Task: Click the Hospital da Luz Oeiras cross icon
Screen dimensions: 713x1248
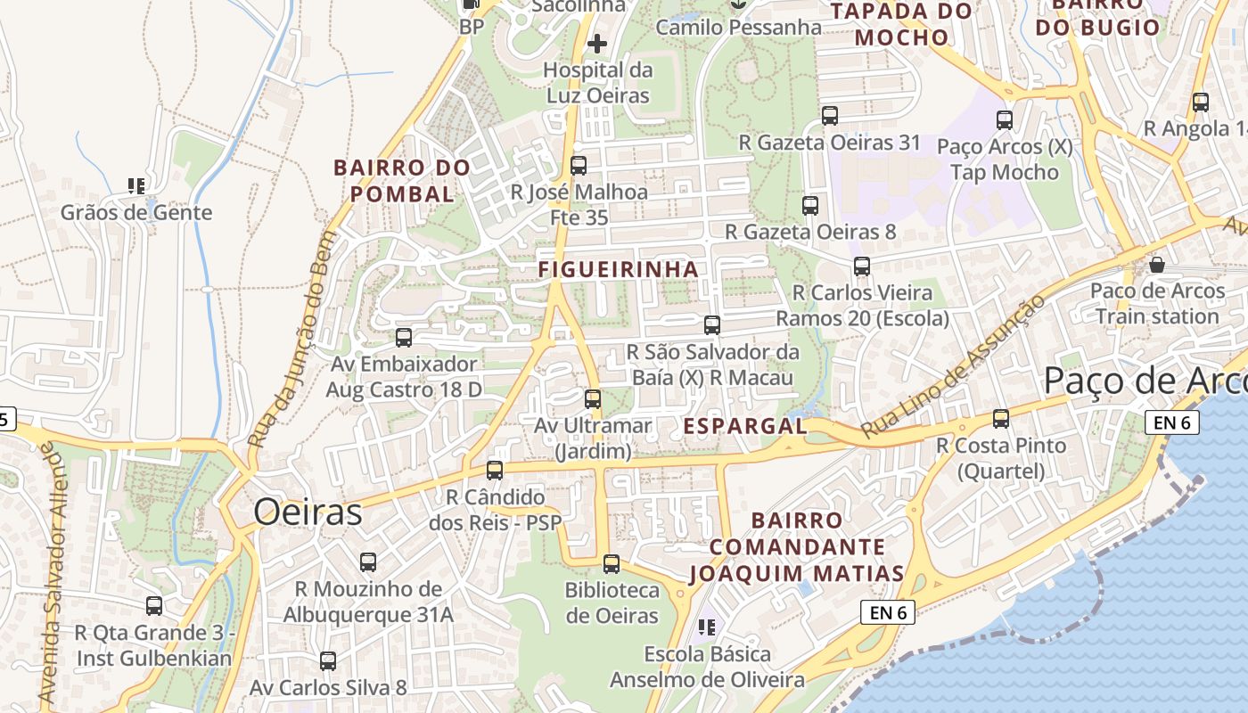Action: pyautogui.click(x=597, y=43)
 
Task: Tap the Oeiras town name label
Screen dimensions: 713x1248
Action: pyautogui.click(x=308, y=512)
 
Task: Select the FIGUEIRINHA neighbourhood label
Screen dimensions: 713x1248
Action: pyautogui.click(x=618, y=269)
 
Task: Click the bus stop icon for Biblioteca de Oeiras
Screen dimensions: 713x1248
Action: pyautogui.click(x=611, y=563)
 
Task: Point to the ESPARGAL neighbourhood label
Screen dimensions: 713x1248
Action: pyautogui.click(x=744, y=427)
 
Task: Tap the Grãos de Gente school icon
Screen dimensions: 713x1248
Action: pyautogui.click(x=136, y=186)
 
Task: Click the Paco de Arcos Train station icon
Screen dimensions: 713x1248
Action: pyautogui.click(x=1157, y=265)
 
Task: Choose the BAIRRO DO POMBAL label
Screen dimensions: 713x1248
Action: pyautogui.click(x=402, y=181)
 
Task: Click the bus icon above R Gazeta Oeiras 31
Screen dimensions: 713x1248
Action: pyautogui.click(x=830, y=115)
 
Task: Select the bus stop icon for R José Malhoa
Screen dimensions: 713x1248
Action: pyautogui.click(x=579, y=165)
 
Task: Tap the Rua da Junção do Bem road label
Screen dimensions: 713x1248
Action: pyautogui.click(x=292, y=340)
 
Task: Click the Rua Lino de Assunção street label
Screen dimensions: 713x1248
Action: pyautogui.click(x=954, y=367)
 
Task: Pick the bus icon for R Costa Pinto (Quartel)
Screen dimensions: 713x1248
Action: pyautogui.click(x=1001, y=418)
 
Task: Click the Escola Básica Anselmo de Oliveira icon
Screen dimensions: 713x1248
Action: pyautogui.click(x=707, y=627)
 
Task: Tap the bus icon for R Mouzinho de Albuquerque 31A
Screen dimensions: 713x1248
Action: pyautogui.click(x=368, y=562)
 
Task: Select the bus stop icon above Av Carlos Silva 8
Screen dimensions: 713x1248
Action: pyautogui.click(x=328, y=660)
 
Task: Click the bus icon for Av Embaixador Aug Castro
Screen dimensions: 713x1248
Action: pyautogui.click(x=404, y=337)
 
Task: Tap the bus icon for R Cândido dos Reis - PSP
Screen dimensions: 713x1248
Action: pyautogui.click(x=495, y=470)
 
